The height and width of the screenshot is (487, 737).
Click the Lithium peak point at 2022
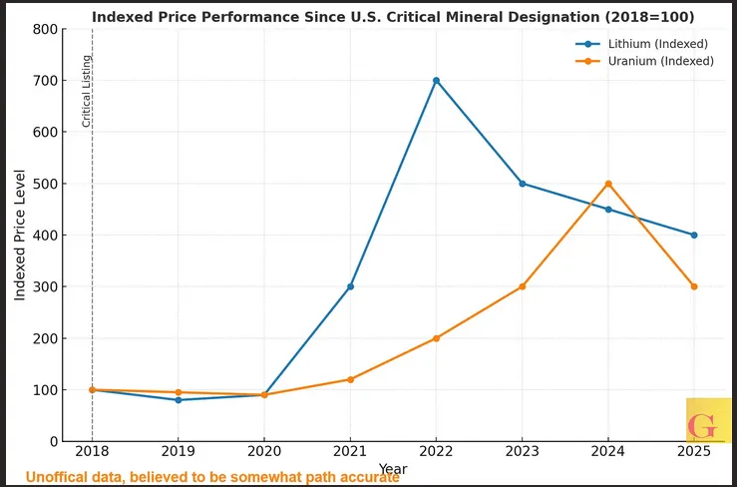pos(436,81)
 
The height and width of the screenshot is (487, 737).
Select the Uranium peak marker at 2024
pos(608,184)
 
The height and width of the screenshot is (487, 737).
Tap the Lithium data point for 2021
pos(350,286)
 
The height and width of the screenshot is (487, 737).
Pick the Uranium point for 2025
pos(694,286)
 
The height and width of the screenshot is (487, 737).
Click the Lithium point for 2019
pos(179,400)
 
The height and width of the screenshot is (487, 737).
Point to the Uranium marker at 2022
pos(436,338)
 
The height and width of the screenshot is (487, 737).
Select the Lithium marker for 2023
pos(523,184)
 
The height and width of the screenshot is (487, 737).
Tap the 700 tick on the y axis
pos(45,81)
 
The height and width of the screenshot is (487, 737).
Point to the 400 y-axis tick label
pos(45,236)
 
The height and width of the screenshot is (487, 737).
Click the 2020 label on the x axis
pos(263,452)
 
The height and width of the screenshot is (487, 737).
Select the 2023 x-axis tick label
pos(523,452)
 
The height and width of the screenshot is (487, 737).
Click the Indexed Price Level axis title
pos(19,236)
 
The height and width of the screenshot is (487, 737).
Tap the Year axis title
pos(393,469)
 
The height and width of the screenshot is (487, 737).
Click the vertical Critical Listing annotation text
pos(86,91)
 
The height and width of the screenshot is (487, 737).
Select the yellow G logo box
pos(709,421)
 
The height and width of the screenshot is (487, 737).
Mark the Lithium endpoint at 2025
pos(694,236)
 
